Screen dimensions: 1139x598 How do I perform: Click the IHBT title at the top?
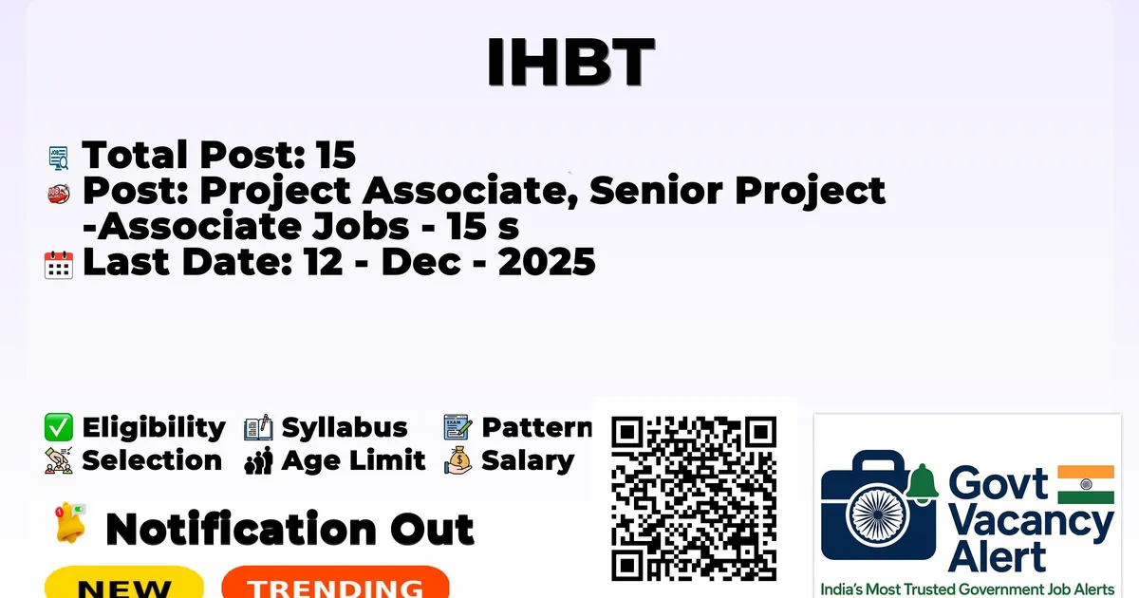coord(570,62)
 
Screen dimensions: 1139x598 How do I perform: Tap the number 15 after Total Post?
coord(336,155)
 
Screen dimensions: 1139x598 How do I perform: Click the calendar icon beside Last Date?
coord(59,265)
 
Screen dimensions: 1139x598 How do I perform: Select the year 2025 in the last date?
coord(547,262)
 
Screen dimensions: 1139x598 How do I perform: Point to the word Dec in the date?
coord(420,262)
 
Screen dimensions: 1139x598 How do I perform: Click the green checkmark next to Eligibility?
coord(59,427)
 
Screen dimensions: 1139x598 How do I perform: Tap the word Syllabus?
coord(345,428)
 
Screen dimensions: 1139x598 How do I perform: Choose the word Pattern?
coord(536,427)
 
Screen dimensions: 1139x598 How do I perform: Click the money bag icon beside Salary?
coord(458,460)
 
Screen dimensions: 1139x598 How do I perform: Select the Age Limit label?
coord(353,460)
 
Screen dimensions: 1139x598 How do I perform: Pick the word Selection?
coord(152,460)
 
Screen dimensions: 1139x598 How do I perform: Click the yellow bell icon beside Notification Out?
coord(70,523)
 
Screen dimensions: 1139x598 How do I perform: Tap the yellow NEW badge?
coord(124,582)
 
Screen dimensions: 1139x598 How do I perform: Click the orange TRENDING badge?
coord(336,582)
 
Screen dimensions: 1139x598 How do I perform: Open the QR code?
coord(694,498)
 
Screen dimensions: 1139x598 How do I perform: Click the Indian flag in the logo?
coord(1086,484)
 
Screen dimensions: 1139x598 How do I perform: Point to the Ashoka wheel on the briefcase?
coord(878,514)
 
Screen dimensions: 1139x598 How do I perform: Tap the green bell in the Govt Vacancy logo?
coord(922,483)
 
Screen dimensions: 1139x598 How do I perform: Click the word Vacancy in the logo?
coord(1031,524)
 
